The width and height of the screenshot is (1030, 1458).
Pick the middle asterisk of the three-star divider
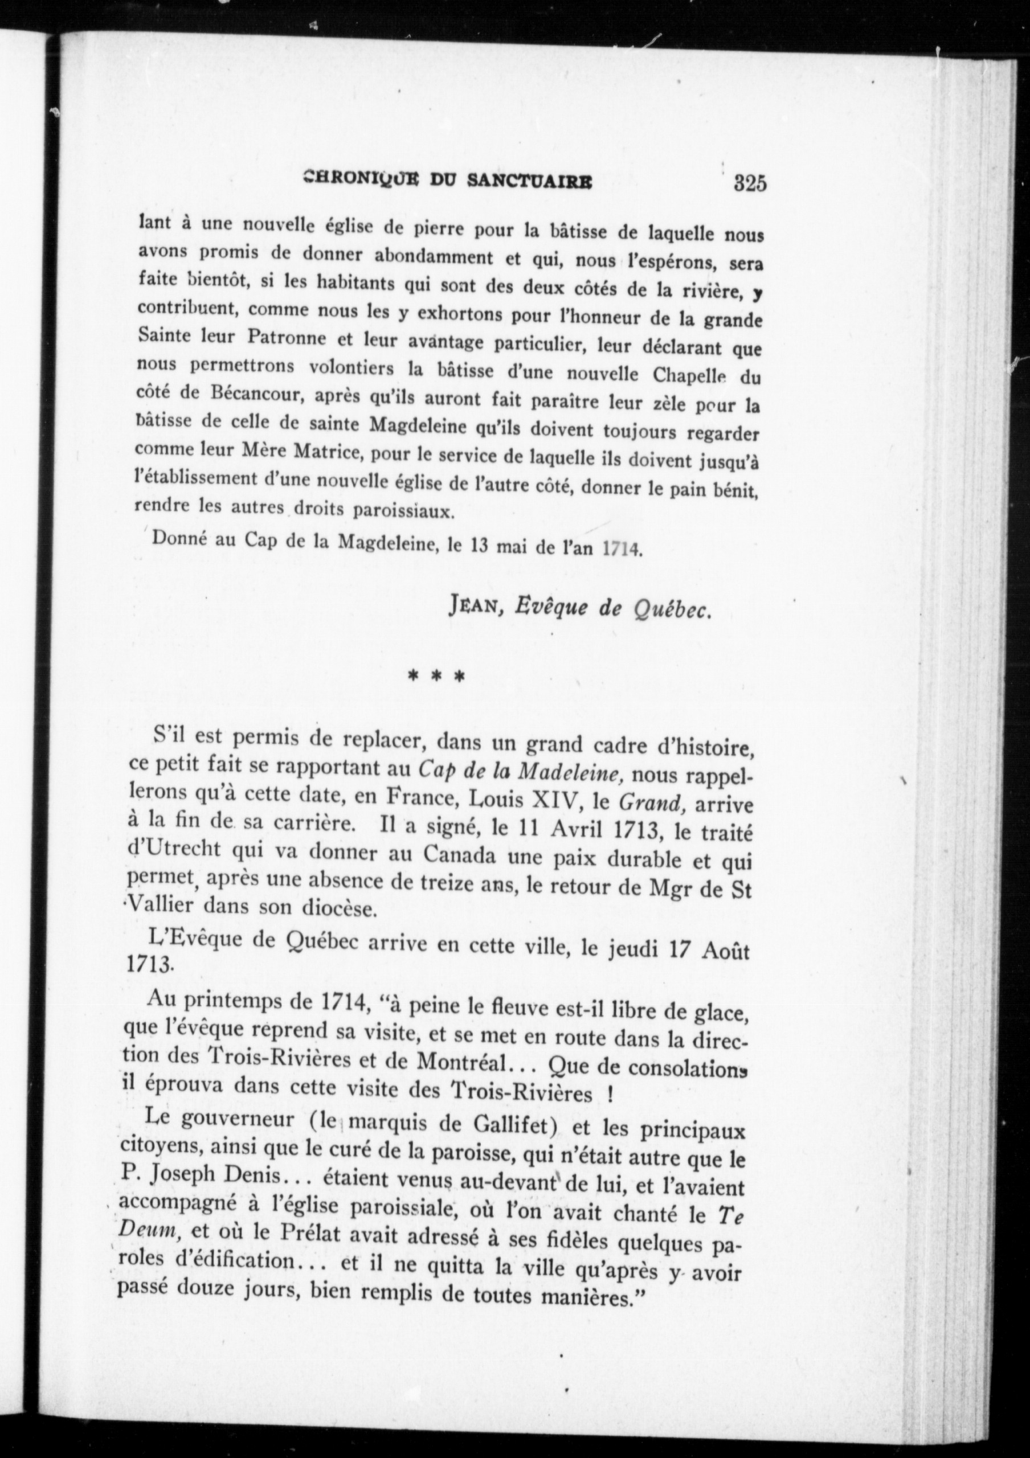[x=436, y=675]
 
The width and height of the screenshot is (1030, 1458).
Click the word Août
[x=727, y=951]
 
